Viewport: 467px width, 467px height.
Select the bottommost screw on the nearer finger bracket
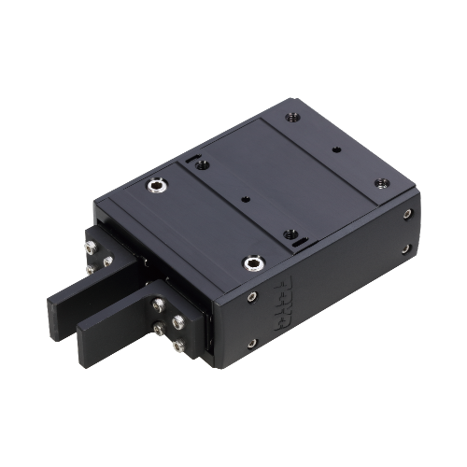coord(177,347)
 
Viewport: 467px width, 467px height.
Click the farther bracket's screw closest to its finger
coord(108,262)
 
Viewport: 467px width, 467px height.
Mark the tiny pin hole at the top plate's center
coord(246,197)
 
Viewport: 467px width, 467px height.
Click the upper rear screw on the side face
coord(406,215)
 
